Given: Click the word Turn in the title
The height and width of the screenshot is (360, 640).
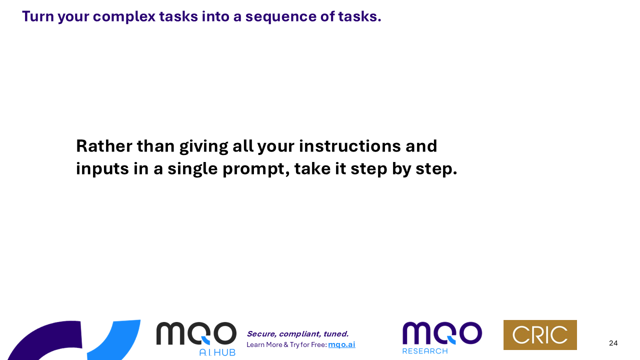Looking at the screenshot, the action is pyautogui.click(x=38, y=16).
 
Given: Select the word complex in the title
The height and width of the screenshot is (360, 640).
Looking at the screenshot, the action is pyautogui.click(x=124, y=17).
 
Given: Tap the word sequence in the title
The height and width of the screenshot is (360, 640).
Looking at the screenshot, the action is pyautogui.click(x=281, y=17).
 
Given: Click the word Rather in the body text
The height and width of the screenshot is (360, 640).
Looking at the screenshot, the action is pyautogui.click(x=104, y=146).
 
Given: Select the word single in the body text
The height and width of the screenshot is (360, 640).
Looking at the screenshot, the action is pyautogui.click(x=192, y=169).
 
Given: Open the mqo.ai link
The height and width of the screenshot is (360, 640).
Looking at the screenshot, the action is pyautogui.click(x=341, y=345).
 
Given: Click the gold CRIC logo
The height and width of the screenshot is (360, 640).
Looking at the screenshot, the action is pyautogui.click(x=540, y=335).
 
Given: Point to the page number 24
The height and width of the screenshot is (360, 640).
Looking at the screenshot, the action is pyautogui.click(x=613, y=343).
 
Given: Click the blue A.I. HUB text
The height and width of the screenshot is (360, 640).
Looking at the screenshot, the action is pyautogui.click(x=217, y=352).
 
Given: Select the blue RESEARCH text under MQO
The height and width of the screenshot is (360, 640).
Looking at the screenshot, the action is pyautogui.click(x=425, y=351).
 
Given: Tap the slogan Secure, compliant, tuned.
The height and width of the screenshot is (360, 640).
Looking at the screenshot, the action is pyautogui.click(x=297, y=334).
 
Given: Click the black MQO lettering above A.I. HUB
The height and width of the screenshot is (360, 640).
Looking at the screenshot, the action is pyautogui.click(x=196, y=333).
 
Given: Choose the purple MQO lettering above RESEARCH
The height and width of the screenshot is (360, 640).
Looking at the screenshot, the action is pyautogui.click(x=442, y=333).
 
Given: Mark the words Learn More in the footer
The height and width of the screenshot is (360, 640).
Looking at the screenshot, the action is pyautogui.click(x=264, y=345).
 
